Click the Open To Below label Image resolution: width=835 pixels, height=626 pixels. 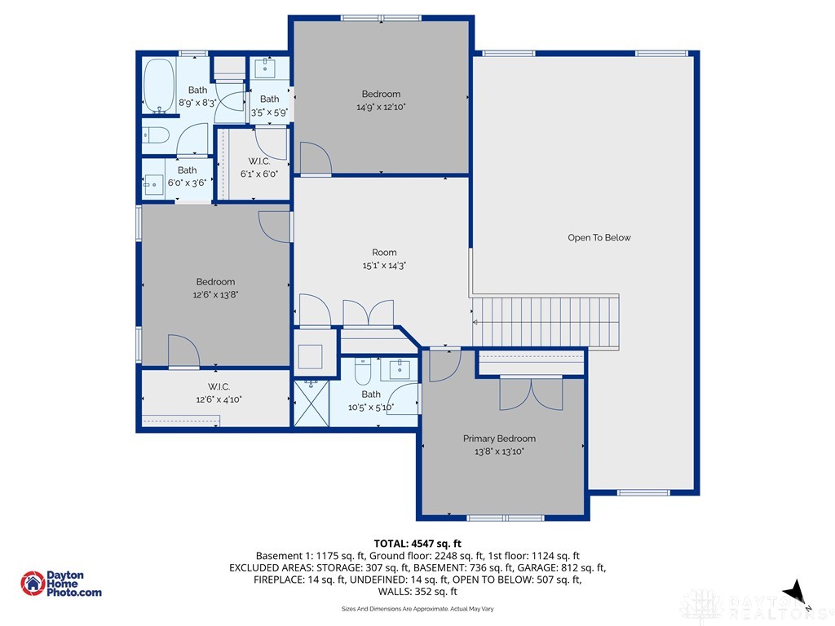coord(599,238)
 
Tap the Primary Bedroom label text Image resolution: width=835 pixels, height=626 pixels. coord(499,439)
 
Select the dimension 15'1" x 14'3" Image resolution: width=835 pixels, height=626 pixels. coord(384,265)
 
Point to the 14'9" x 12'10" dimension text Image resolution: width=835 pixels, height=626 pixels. coord(381,106)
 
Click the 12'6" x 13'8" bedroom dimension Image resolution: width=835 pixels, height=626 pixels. coord(215,295)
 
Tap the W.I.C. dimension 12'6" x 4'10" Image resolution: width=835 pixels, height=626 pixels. coord(218,399)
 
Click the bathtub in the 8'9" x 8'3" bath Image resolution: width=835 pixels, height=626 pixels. coord(156,88)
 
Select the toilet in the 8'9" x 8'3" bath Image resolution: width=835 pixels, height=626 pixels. coord(155,135)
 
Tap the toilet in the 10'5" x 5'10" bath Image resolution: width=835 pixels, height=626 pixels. coord(363,372)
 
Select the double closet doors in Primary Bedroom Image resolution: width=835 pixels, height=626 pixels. coord(531,395)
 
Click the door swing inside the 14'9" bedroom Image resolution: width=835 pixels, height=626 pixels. coord(315,158)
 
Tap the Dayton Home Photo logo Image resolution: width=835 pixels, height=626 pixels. coord(61,584)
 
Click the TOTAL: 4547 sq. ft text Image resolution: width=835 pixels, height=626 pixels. coord(417,543)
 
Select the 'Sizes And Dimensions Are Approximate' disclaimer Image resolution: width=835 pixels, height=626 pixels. coord(417,609)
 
